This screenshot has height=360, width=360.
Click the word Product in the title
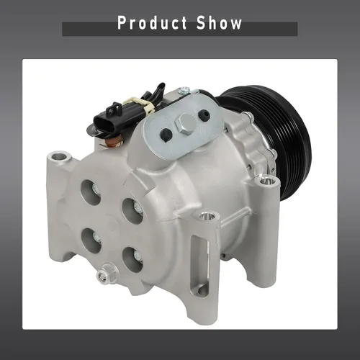coord(152,23)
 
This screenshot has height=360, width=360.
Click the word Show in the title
coord(219,23)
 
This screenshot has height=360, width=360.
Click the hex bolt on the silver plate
coord(185,124)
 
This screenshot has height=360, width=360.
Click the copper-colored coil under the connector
coord(114,142)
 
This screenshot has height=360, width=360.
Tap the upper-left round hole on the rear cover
coord(91,192)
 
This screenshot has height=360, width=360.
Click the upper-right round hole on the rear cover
coord(133,211)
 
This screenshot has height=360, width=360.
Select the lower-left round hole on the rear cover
coord(91,240)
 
